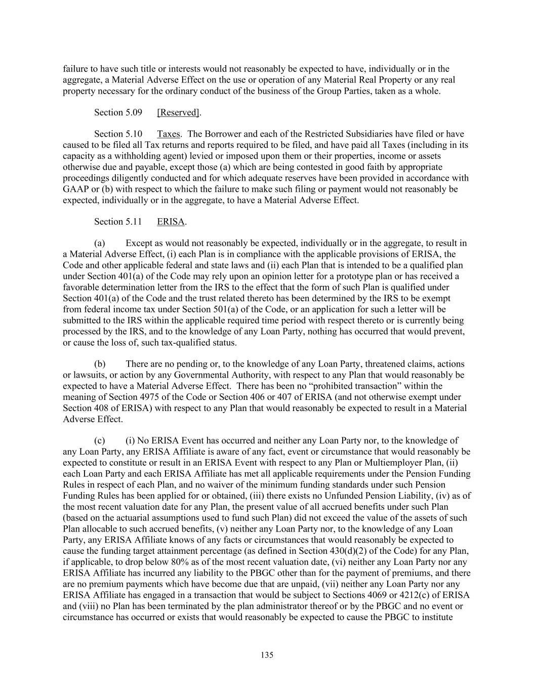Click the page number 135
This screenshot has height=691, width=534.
coord(267,655)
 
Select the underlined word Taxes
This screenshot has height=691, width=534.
coord(168,134)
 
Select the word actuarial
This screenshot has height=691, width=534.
coord(126,518)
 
